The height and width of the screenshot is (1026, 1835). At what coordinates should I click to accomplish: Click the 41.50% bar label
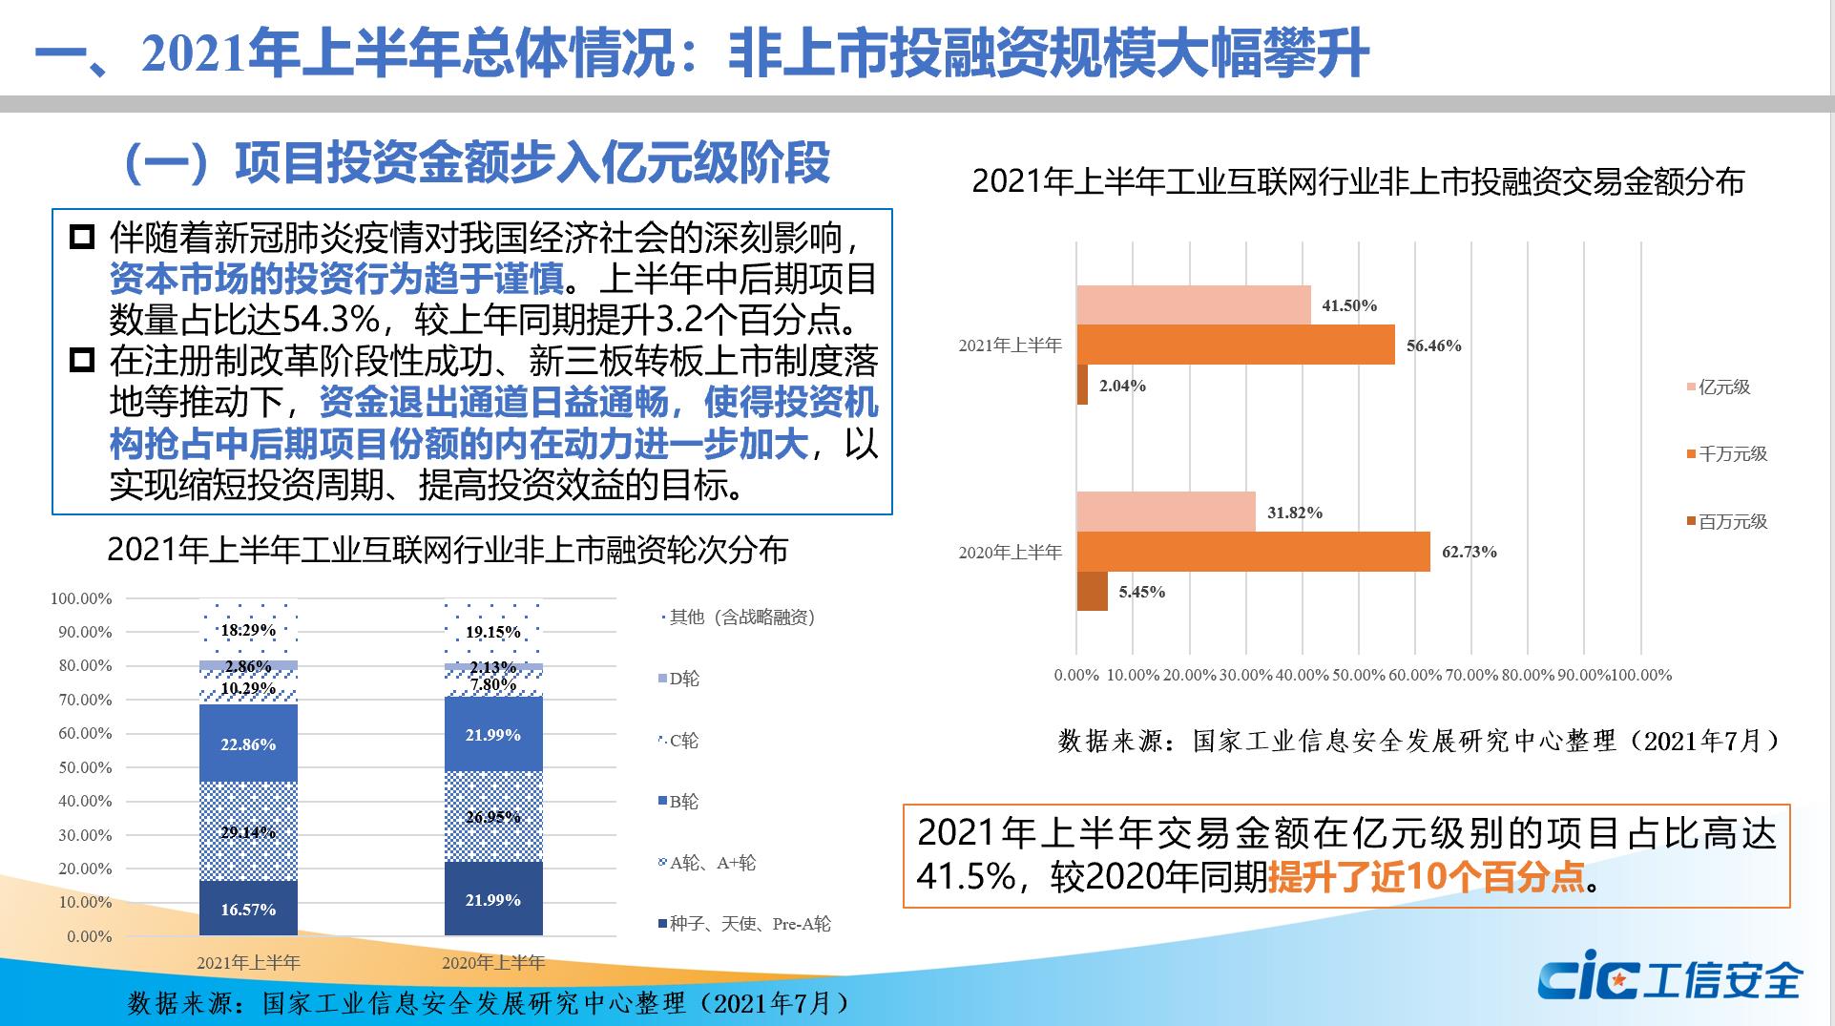pos(1349,305)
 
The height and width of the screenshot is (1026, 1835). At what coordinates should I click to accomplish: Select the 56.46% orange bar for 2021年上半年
pos(1236,345)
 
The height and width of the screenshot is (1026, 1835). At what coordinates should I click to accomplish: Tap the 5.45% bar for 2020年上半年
pos(1093,592)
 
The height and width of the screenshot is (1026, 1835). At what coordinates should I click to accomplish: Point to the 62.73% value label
pos(1469,552)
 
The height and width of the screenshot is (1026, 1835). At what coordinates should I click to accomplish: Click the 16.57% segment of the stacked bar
pos(248,909)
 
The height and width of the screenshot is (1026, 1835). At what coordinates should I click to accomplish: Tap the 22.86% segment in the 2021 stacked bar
pos(248,743)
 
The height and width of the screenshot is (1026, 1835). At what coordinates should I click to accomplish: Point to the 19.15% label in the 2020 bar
pos(493,632)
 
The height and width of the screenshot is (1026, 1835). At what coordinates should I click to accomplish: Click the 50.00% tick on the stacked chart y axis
pos(85,767)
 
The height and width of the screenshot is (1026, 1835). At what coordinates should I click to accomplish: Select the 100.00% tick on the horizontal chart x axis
pos(1641,675)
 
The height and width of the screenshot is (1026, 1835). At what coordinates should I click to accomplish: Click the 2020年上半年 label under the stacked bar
pos(493,962)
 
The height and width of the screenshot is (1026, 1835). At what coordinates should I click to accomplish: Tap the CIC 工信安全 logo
pos(1670,978)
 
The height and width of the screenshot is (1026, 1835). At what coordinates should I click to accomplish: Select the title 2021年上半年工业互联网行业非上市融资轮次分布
pos(448,551)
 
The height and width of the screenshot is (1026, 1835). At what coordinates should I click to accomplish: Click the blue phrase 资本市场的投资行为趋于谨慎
pos(336,279)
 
